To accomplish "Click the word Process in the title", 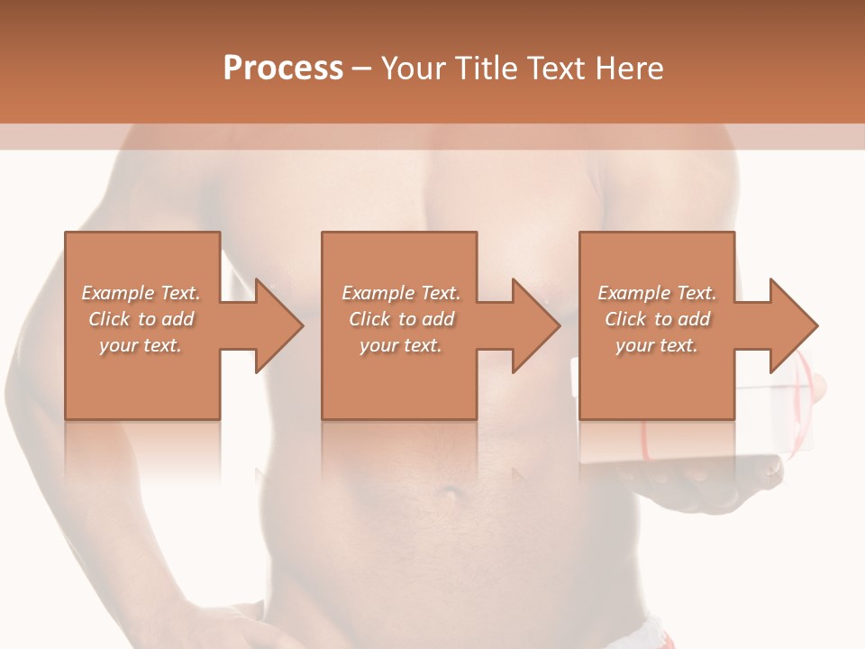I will point(283,69).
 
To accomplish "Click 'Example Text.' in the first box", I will point(141,293).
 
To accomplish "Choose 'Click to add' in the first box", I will point(141,319).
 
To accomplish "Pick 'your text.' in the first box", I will point(141,345).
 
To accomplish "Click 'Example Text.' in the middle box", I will point(401,293).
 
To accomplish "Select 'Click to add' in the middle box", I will point(401,319).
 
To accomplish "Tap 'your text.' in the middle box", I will point(401,345).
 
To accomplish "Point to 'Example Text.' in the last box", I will point(657,293).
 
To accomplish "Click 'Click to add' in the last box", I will point(657,319).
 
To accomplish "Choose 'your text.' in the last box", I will point(657,345).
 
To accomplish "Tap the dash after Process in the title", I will point(361,69).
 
